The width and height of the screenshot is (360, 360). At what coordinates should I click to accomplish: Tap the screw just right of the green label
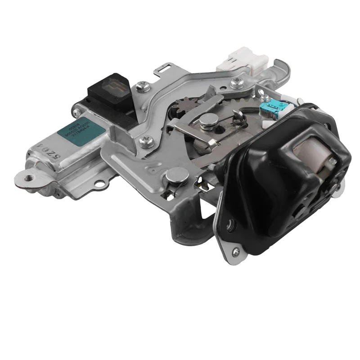(145, 142)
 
